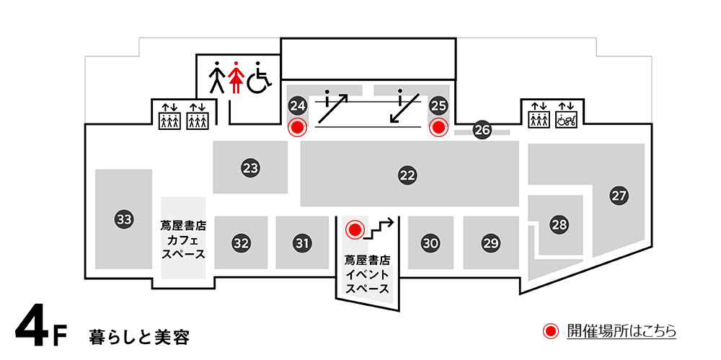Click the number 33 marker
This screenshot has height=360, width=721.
pos(124,219)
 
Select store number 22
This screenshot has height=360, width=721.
pos(408,175)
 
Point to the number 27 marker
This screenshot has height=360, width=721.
pos(619,195)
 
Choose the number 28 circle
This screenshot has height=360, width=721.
pos(559,224)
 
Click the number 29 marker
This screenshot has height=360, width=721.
pos(491,243)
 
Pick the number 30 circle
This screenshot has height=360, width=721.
pos(430,243)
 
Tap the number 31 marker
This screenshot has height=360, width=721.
pos(302,243)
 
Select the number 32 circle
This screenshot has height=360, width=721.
pos(241,243)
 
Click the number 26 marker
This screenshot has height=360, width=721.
pos(482,131)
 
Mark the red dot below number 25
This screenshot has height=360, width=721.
pos(438,128)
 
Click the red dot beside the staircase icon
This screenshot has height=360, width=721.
pos(354,230)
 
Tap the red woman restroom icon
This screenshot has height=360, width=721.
pos(234,77)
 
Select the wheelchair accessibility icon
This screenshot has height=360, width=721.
pos(259,78)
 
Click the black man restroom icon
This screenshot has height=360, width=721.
pos(216,77)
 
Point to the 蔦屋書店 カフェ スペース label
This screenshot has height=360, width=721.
pos(183,239)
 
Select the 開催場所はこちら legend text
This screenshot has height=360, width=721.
pos(621,331)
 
